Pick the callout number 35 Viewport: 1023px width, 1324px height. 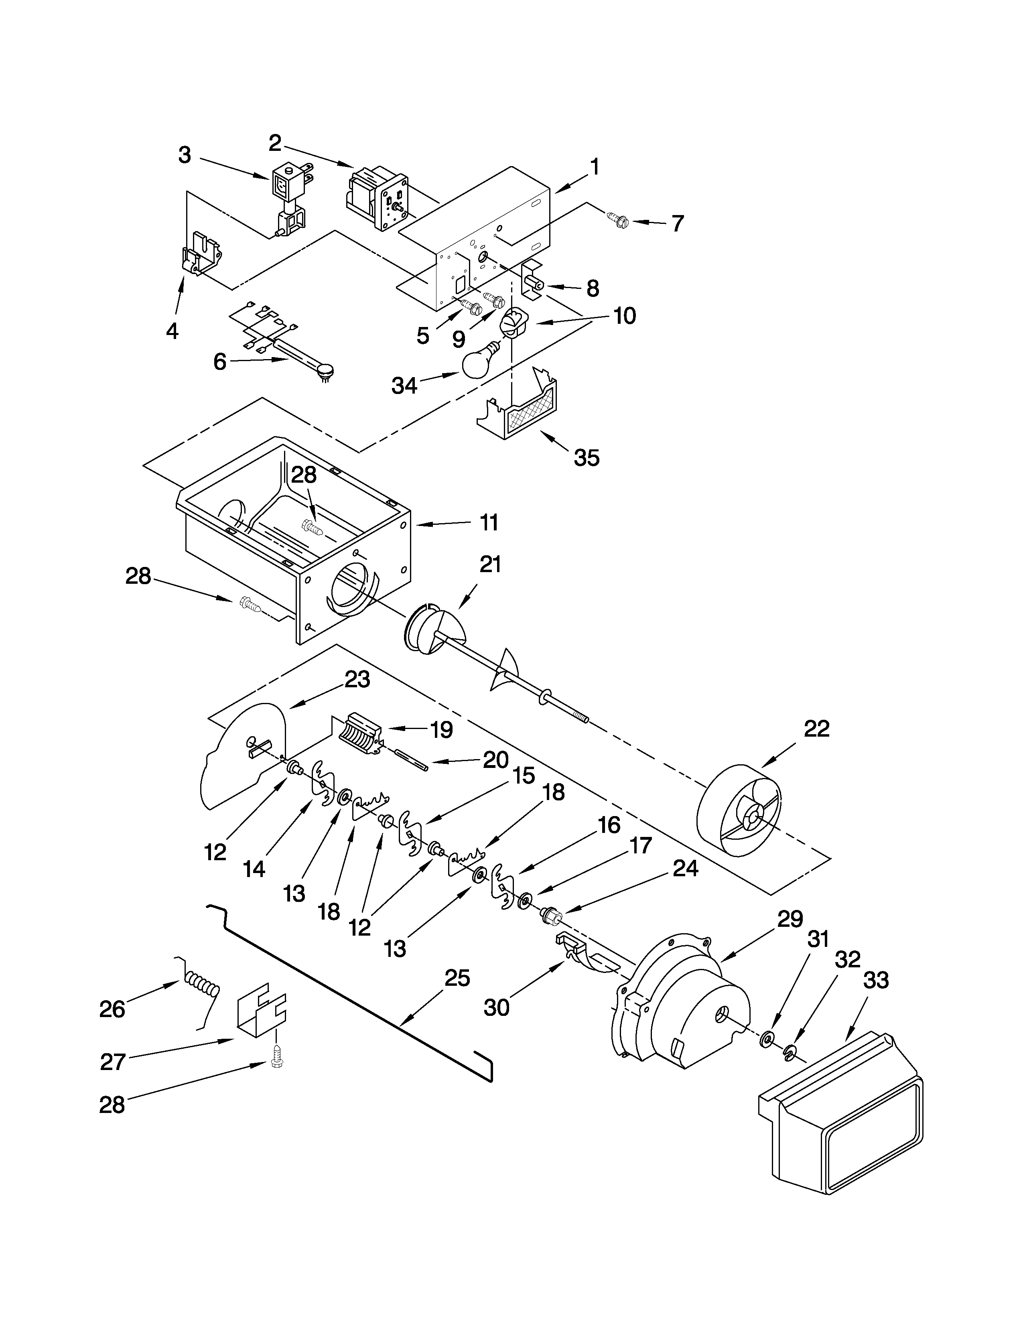point(586,458)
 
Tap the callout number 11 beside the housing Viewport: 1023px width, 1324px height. point(489,522)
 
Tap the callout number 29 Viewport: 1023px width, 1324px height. point(790,919)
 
